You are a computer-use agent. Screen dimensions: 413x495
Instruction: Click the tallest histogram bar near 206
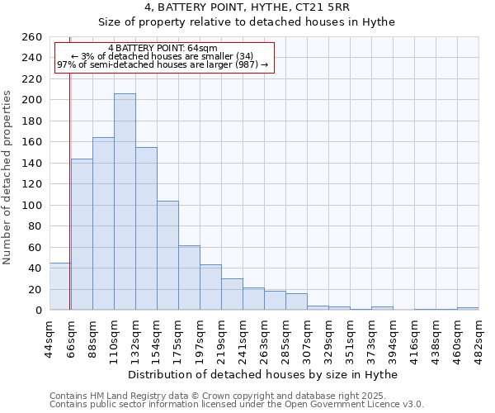point(125,202)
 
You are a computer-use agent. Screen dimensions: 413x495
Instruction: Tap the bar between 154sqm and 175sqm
point(167,255)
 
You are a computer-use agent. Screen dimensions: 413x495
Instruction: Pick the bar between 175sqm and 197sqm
point(189,278)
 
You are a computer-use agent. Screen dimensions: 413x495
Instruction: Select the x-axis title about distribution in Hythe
point(264,375)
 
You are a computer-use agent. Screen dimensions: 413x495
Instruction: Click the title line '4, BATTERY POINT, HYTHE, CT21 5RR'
point(247,7)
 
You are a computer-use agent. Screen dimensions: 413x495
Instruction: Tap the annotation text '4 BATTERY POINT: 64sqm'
point(163,48)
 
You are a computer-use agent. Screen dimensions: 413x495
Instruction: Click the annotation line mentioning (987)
point(163,64)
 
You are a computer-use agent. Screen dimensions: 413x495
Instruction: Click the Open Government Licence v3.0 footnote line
point(237,404)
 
